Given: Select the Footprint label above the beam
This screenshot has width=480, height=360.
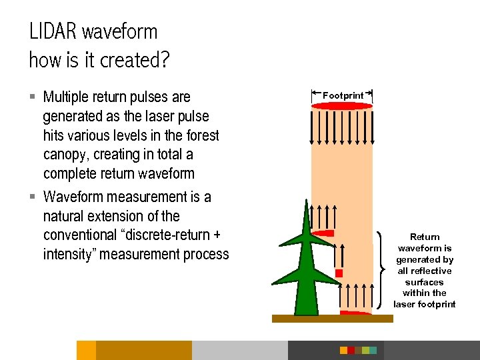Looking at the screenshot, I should [x=343, y=95].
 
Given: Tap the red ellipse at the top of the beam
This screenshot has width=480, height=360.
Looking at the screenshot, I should [x=341, y=105].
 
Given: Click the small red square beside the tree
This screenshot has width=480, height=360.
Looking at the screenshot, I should [x=339, y=273].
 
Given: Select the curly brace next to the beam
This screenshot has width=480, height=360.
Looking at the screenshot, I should [x=381, y=269].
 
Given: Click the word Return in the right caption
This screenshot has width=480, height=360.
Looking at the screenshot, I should [x=425, y=237].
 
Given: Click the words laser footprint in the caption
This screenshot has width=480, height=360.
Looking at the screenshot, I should [x=425, y=304].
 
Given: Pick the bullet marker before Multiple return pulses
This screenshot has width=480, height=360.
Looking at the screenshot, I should [x=33, y=97].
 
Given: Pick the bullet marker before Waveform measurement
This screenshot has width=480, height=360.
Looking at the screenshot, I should [x=33, y=197].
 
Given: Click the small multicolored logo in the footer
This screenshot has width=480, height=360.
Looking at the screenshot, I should [x=358, y=350].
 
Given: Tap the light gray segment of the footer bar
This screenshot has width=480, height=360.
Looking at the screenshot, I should [x=239, y=350].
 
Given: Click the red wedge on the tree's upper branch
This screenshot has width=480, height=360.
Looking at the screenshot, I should [x=324, y=233].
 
